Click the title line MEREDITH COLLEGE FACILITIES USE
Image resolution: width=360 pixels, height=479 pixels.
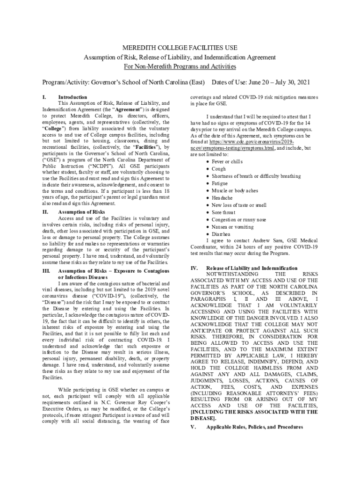click(x=180, y=48)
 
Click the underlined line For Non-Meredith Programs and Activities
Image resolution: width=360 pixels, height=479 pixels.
click(x=180, y=66)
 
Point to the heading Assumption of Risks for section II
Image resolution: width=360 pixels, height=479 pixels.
click(x=81, y=212)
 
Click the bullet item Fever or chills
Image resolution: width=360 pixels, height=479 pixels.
click(x=227, y=161)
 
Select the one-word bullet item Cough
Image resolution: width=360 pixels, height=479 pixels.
click(x=218, y=169)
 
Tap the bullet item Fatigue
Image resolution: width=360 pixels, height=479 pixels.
click(x=220, y=183)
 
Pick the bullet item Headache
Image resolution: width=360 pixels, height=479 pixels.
click(x=222, y=198)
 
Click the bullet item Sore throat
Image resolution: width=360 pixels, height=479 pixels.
click(x=223, y=212)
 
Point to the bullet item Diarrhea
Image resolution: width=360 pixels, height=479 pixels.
click(x=221, y=234)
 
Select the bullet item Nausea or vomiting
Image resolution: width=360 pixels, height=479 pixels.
click(x=232, y=227)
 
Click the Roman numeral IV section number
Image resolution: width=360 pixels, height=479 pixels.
click(x=194, y=268)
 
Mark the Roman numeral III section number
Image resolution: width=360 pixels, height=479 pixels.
click(x=46, y=271)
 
